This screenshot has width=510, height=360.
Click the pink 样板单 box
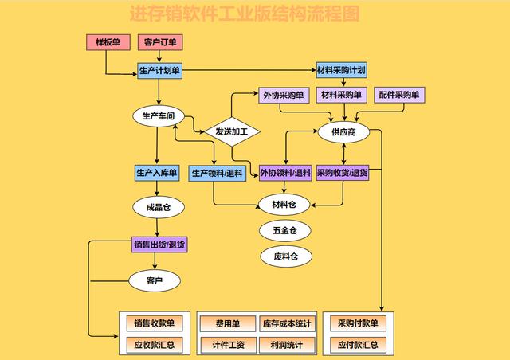[x=108, y=41]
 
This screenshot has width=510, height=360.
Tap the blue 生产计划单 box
[x=160, y=71]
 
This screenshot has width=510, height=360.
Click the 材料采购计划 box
[x=341, y=70]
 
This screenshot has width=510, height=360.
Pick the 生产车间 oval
[x=158, y=116]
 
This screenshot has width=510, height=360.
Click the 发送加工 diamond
[x=232, y=131]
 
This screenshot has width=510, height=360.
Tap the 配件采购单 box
[x=399, y=95]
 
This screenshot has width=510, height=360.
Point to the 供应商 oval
[x=343, y=131]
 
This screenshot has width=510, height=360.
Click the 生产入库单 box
[x=157, y=172]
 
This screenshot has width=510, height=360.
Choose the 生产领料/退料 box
[x=217, y=172]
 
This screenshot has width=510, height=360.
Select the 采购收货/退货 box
[x=343, y=172]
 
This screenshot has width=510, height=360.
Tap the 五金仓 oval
[x=284, y=230]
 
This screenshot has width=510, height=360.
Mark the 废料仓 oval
[x=284, y=256]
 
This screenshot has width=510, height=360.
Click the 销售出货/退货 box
[x=159, y=245]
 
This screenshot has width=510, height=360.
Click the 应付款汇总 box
[x=358, y=346]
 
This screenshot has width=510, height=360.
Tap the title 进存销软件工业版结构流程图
[x=244, y=14]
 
